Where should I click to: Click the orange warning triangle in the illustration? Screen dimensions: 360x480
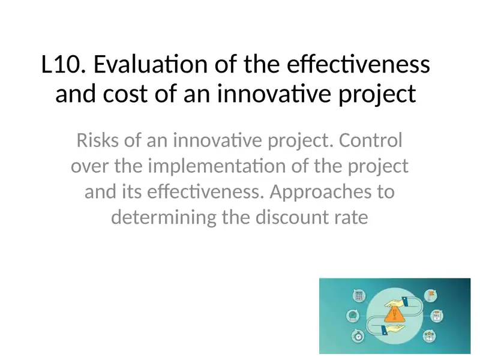tap(394, 315)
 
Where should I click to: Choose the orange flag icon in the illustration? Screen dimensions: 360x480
tap(430, 295)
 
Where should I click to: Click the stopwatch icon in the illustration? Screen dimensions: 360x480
tap(359, 336)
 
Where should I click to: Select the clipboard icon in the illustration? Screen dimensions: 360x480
tap(437, 315)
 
